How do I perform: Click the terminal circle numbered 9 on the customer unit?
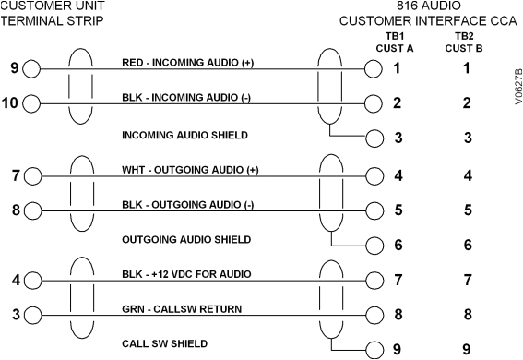32,68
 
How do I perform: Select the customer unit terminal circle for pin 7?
32,174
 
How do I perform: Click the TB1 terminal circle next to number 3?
374,138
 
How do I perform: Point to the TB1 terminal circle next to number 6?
374,245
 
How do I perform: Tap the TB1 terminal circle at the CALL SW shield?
374,350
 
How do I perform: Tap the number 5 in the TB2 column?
467,210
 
